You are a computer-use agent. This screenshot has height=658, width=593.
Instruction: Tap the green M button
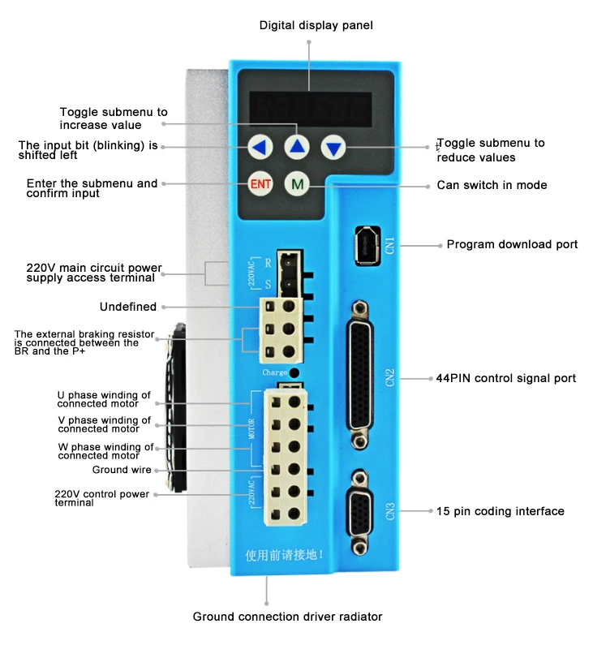(297, 183)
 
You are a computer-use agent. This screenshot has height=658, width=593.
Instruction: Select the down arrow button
(333, 148)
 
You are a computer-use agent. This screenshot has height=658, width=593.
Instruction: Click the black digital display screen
(310, 106)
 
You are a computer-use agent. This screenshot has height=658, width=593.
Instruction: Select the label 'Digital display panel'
(316, 25)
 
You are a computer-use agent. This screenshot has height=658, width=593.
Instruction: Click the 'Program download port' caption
(512, 244)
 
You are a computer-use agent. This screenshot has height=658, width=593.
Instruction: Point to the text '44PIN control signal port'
(506, 378)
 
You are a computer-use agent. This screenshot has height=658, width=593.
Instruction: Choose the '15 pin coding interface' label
(500, 511)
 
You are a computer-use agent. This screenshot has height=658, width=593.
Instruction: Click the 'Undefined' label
(127, 307)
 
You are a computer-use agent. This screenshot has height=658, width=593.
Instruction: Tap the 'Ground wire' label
(121, 470)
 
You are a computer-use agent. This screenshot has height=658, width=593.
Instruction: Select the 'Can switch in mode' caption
(492, 185)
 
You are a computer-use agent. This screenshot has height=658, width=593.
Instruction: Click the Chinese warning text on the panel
(285, 556)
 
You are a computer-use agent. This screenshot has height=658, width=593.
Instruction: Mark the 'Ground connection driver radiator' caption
(287, 617)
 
